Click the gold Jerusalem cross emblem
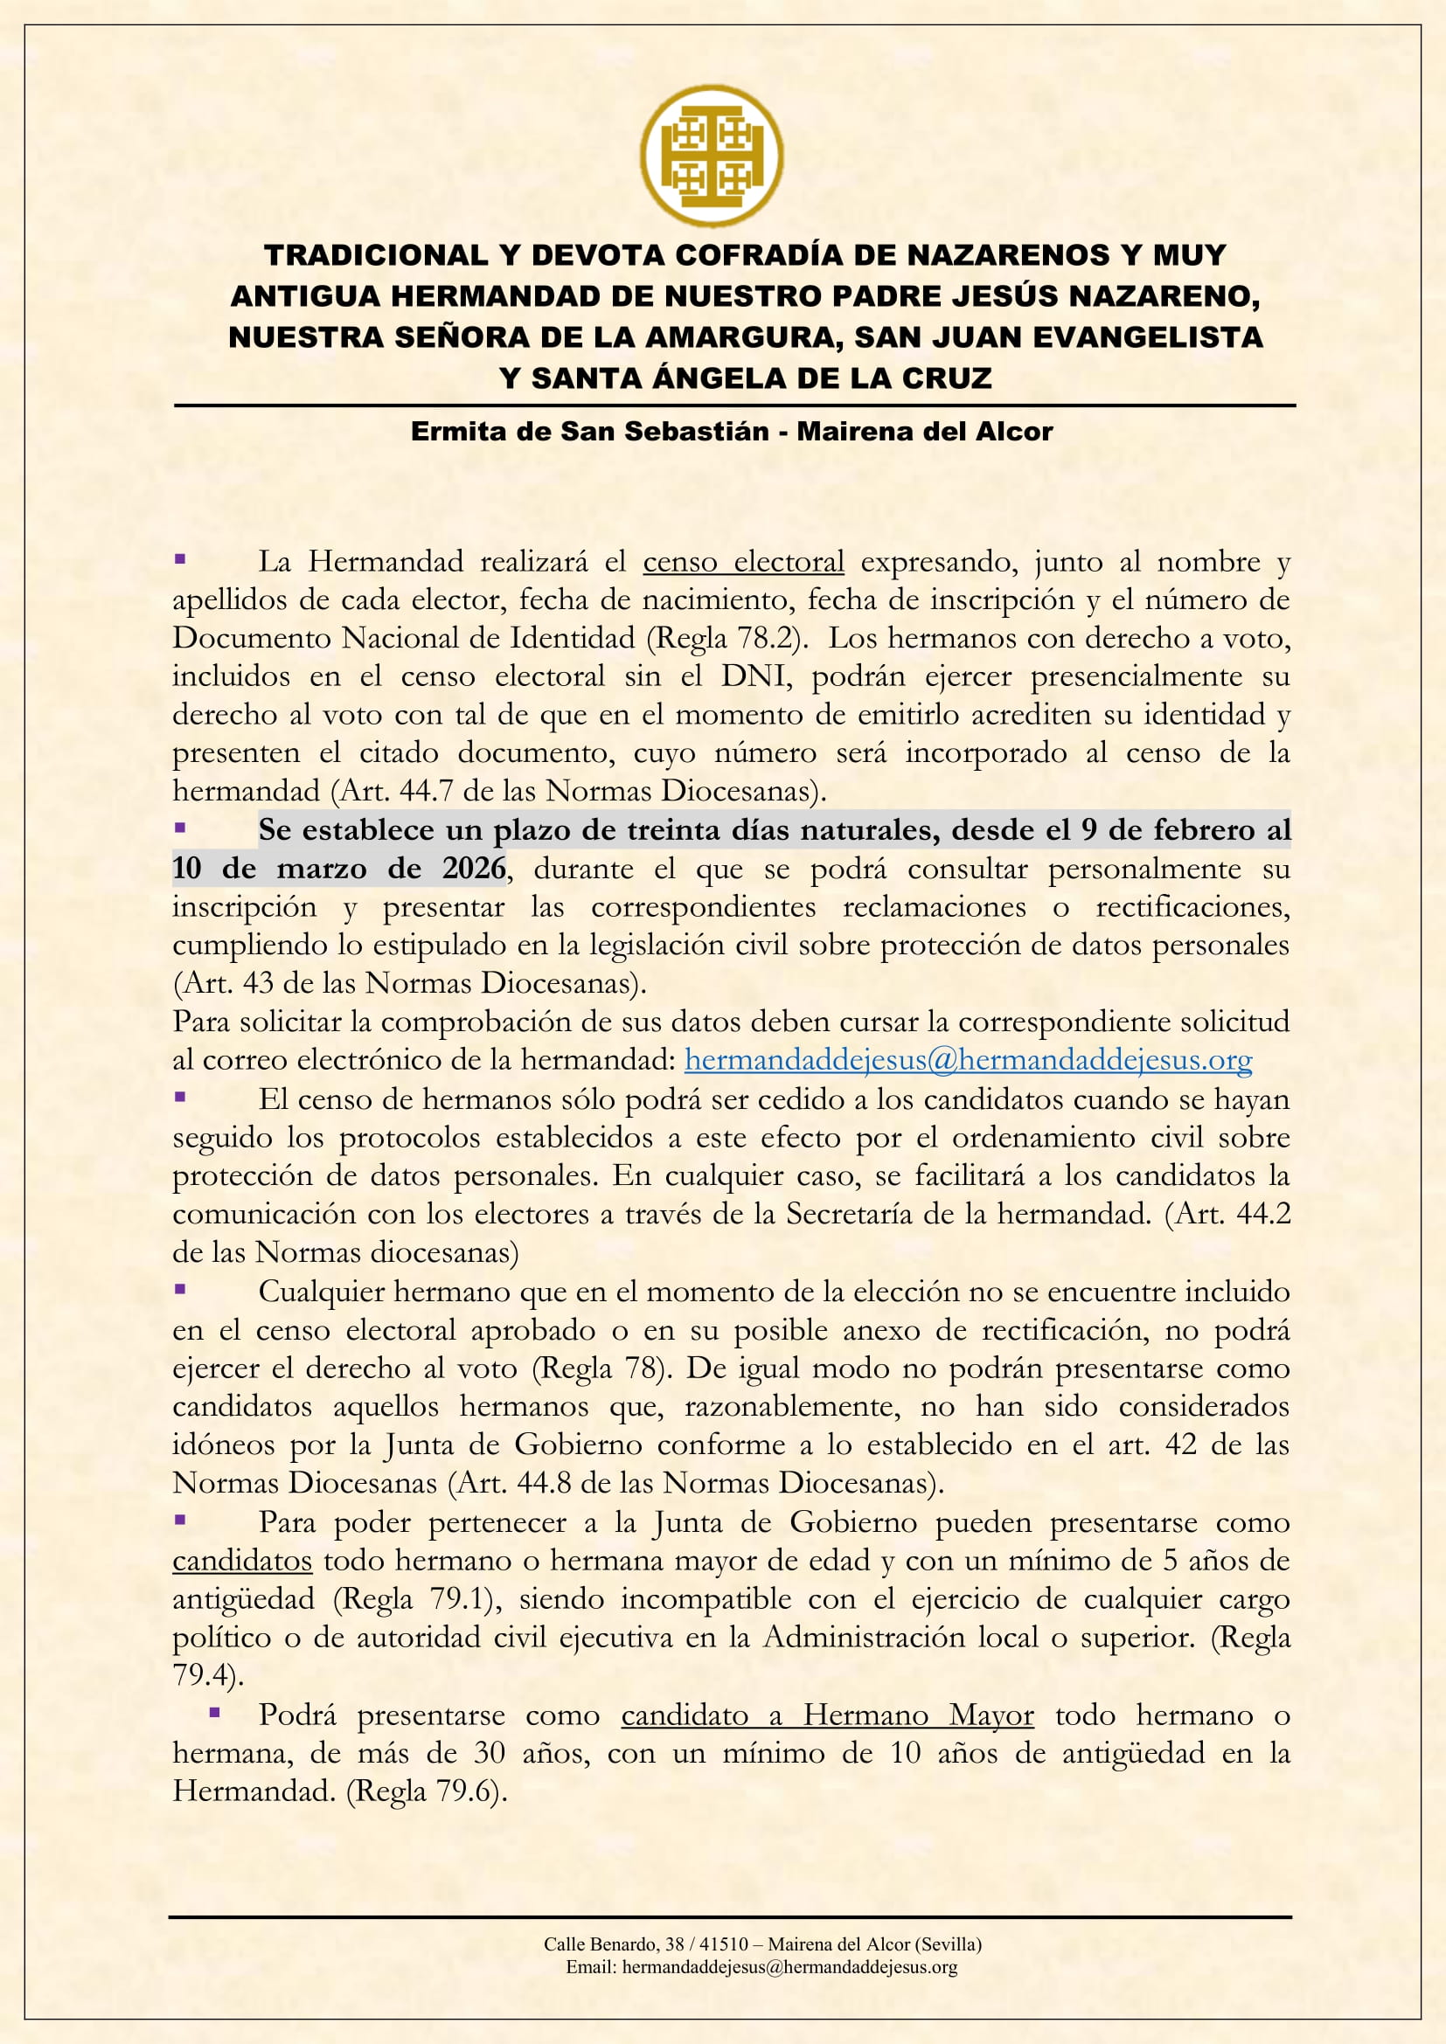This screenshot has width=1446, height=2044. coord(712,156)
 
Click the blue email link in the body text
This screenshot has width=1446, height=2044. coord(968,1059)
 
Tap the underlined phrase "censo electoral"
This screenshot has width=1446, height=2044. coord(743,562)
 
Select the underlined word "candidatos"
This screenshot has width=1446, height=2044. coord(242,1561)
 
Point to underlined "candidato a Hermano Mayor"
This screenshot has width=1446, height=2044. coord(827,1715)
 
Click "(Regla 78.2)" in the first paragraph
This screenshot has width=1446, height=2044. coord(726,638)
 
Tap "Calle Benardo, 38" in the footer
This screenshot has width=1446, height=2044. coord(615,1944)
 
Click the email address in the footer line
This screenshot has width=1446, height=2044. coord(789,1967)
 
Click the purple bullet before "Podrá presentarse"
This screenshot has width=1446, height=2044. coord(214,1712)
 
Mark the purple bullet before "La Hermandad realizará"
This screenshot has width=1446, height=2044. coord(180,559)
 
